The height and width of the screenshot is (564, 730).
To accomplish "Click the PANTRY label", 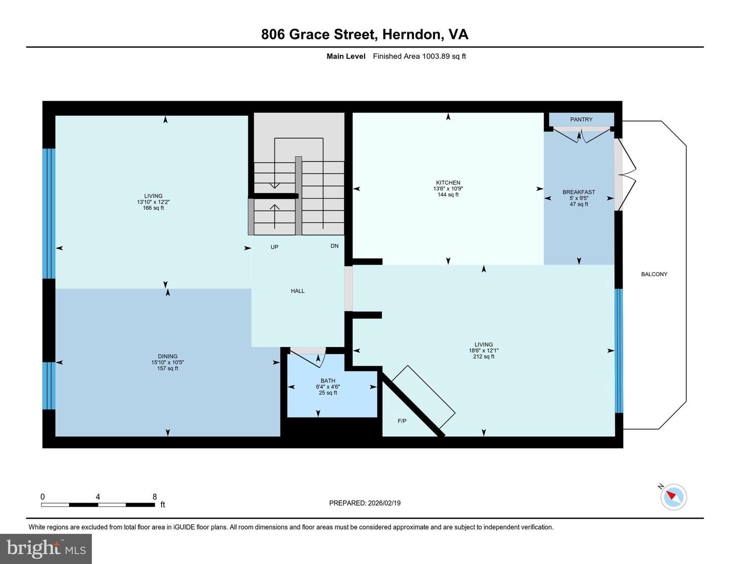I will coord(581,120).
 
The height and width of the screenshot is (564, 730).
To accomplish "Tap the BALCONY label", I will coord(654,274).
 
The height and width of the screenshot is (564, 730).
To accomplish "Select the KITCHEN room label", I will coord(448,182).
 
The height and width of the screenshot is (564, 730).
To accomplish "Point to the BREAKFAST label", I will coord(578,192).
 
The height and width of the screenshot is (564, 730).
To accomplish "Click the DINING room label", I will coord(167,356).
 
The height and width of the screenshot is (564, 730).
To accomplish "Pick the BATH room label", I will coord(328,381).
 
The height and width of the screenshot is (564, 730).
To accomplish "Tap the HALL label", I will coord(298,291).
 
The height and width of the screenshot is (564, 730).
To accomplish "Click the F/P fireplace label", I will coord(402,421).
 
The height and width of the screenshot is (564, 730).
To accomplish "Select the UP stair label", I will coord(274,247).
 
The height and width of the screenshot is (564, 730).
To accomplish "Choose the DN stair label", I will coord(335,246).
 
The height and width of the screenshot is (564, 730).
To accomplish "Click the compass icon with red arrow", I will coord(673,497).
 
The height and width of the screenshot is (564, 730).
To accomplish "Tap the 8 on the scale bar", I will coord(155,497).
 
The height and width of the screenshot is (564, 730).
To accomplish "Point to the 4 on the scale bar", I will coord(98,497).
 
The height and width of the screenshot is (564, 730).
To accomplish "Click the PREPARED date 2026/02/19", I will coord(383,503).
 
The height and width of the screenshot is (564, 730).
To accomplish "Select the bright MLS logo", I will coord(46,549).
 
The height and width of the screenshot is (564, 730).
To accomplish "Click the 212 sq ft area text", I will coord(484,357).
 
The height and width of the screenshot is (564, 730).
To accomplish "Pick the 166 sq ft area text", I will coord(153,208).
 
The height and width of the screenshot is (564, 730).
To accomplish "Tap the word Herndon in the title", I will coord(411,34).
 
